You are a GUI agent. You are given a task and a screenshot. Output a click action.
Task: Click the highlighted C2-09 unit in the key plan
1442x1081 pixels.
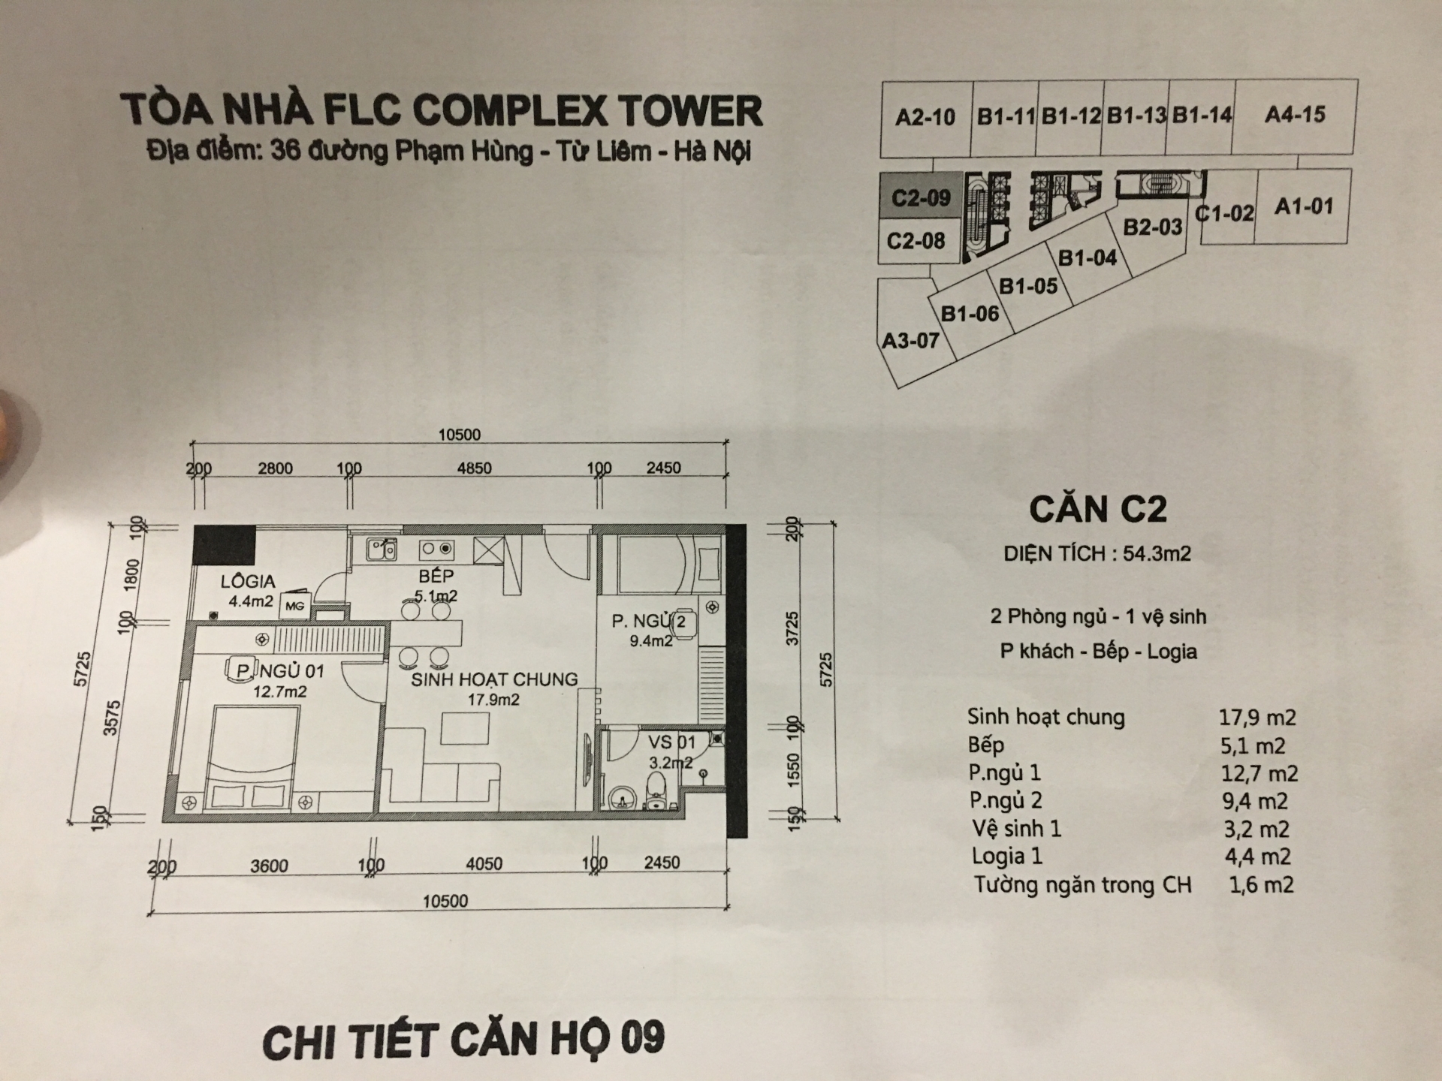pyautogui.click(x=920, y=197)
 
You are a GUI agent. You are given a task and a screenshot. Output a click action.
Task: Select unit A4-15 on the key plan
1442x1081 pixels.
pyautogui.click(x=1295, y=115)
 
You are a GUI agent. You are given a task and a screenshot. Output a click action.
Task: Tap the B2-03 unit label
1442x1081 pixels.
pyautogui.click(x=1152, y=226)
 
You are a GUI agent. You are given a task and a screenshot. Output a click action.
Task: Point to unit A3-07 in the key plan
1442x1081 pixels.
pyautogui.click(x=910, y=341)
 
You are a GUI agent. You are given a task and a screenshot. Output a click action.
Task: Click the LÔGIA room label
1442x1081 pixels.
pyautogui.click(x=248, y=581)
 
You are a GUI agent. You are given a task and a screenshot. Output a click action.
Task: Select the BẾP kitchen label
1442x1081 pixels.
pyautogui.click(x=436, y=576)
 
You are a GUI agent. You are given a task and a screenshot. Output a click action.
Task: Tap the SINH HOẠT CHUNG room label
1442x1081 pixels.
pyautogui.click(x=494, y=679)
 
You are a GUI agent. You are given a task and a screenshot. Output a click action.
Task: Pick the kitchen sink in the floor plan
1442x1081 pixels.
pyautogui.click(x=382, y=550)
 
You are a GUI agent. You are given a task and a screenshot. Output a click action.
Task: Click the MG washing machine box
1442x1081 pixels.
pyautogui.click(x=294, y=605)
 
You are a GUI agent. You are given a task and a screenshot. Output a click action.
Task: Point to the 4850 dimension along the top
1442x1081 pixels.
pyautogui.click(x=475, y=468)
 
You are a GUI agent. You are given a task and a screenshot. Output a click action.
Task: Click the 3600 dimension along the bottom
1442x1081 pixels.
pyautogui.click(x=269, y=866)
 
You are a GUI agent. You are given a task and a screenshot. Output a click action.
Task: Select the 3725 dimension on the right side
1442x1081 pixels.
pyautogui.click(x=792, y=628)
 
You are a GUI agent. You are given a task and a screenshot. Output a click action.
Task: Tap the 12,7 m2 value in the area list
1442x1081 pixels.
pyautogui.click(x=1259, y=773)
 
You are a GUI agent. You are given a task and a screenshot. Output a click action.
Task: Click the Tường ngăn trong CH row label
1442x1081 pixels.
pyautogui.click(x=1082, y=885)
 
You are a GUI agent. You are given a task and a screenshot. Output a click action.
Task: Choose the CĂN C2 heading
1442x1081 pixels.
pyautogui.click(x=1098, y=510)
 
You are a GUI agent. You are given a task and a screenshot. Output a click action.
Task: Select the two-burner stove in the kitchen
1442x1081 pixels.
pyautogui.click(x=437, y=550)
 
